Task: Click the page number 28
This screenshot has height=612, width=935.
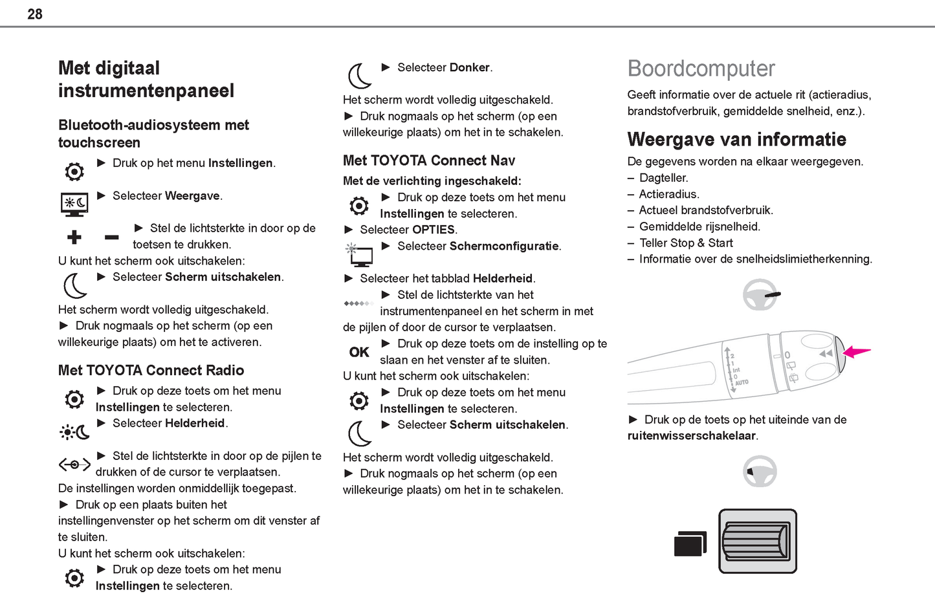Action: click(x=35, y=14)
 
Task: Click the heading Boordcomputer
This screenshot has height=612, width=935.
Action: click(x=701, y=69)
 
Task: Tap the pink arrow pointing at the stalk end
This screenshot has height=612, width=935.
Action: click(x=857, y=352)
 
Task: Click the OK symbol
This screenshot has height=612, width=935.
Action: click(x=359, y=352)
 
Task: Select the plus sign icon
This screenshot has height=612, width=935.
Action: click(x=74, y=237)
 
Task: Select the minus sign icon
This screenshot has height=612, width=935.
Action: click(x=111, y=237)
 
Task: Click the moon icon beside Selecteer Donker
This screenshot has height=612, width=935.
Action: click(x=360, y=76)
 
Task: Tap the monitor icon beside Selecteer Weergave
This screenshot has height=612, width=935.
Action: click(x=74, y=204)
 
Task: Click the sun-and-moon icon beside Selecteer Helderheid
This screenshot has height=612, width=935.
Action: click(x=74, y=432)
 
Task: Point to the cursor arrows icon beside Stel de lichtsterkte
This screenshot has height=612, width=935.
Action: click(x=74, y=464)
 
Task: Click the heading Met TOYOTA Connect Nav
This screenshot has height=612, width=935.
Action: click(x=429, y=160)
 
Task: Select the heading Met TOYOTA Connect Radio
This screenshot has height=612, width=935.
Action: click(x=151, y=370)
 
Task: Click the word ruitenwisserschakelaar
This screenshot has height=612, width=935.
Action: click(x=691, y=435)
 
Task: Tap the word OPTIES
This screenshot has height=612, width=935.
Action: click(x=434, y=230)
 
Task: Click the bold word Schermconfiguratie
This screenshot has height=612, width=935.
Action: click(x=504, y=246)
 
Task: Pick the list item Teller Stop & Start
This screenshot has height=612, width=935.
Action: click(x=686, y=243)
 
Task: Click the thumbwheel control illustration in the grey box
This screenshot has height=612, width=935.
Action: click(x=757, y=541)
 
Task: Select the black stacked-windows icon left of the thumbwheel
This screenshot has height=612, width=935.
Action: click(x=690, y=543)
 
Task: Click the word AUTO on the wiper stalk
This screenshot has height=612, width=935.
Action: click(x=742, y=382)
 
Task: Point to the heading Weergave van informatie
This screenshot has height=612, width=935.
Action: click(x=736, y=139)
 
